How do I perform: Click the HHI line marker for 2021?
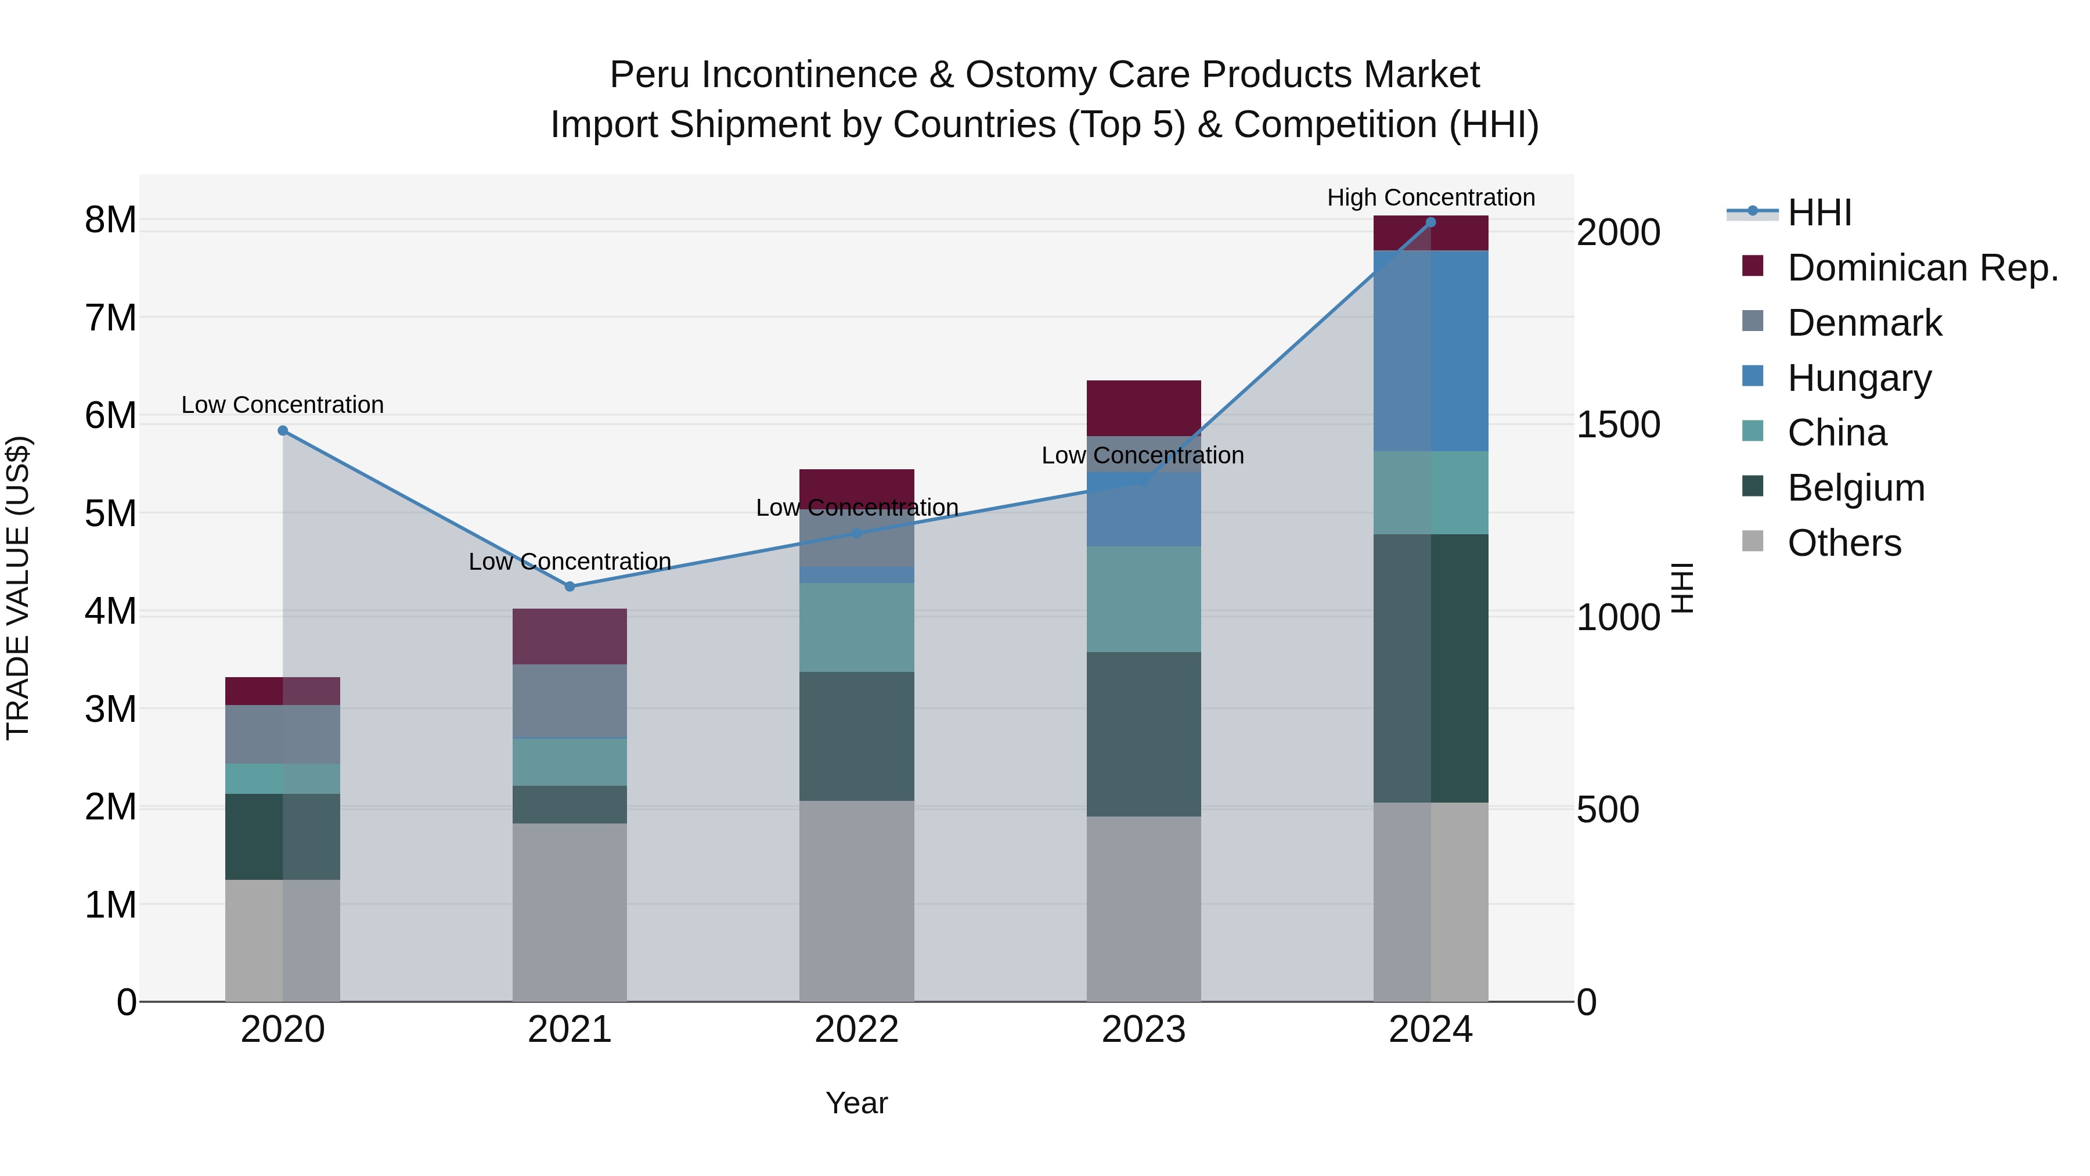570,586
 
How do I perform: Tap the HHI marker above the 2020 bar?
282,431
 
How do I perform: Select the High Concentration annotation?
1430,197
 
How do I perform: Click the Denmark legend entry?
1864,323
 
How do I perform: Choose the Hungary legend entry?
1859,378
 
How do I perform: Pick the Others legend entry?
1844,543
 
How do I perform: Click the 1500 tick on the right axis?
1618,425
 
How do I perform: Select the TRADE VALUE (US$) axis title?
19,588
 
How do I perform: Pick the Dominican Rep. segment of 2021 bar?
570,636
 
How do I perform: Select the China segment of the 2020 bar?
282,778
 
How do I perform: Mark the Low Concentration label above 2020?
282,404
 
